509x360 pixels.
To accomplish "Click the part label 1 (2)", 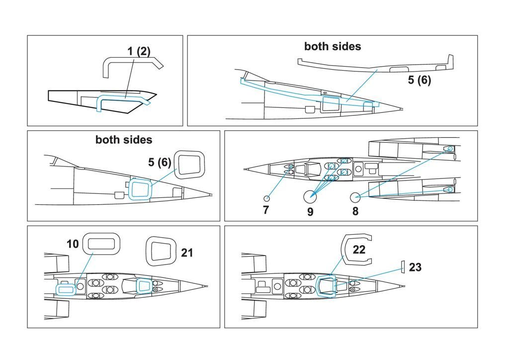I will (139, 51).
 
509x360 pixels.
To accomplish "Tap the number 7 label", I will (266, 210).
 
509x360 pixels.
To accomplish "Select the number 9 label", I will (310, 212).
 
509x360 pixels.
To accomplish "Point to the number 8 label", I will (355, 211).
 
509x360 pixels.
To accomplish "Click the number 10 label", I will (73, 244).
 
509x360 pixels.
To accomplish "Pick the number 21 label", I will (187, 253).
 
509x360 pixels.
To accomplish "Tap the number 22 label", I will (359, 249).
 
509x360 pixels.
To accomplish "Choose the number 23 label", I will (415, 268).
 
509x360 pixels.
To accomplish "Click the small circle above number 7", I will (267, 198).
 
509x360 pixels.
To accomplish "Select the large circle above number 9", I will (310, 196).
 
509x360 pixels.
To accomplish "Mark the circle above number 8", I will (355, 197).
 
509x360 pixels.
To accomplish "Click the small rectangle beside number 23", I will (403, 267).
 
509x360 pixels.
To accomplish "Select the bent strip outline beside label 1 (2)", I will (132, 64).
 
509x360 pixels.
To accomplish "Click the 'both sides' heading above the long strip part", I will (333, 46).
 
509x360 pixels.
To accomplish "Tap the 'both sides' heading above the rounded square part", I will (124, 140).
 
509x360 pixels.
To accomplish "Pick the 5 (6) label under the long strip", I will (420, 80).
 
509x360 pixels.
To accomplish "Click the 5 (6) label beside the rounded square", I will (159, 162).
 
